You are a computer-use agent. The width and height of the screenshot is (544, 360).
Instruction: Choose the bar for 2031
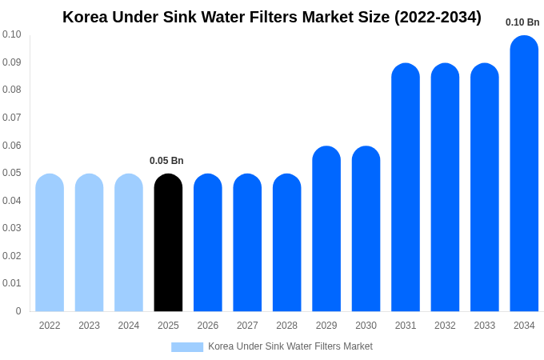[406, 187]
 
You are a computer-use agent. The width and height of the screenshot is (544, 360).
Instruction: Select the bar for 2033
[485, 187]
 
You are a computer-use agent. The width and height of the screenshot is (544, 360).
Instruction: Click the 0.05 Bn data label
[166, 161]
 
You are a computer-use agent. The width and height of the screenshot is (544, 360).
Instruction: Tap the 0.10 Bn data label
[522, 22]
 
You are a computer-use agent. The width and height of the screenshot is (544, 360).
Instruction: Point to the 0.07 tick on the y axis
[12, 118]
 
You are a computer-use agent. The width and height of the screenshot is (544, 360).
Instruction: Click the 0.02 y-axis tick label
[12, 256]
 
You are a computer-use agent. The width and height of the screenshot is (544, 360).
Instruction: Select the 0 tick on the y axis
[18, 311]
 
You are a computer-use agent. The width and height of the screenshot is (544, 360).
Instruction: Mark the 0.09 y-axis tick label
[12, 62]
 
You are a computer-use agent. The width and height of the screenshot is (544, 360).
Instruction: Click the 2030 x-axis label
[366, 326]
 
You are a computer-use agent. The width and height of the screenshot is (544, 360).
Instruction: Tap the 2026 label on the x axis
[208, 326]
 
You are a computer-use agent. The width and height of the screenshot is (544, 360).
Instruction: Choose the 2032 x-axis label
[445, 326]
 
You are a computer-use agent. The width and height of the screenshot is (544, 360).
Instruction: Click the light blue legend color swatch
[187, 346]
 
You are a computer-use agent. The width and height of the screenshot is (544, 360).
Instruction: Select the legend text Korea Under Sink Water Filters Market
[290, 346]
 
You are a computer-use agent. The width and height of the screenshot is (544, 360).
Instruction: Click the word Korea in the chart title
[86, 17]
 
